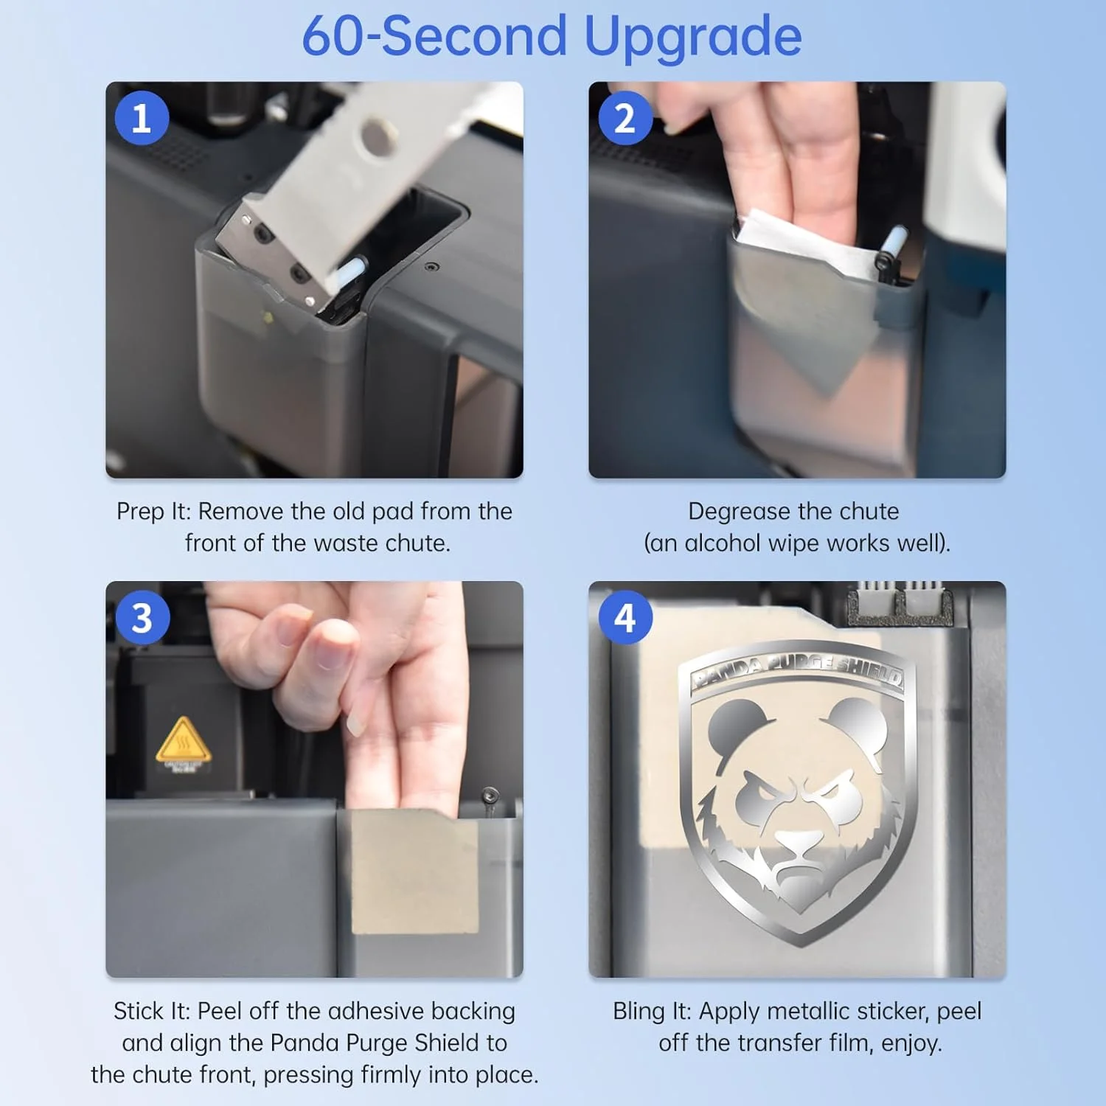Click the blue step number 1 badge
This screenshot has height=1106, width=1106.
142,118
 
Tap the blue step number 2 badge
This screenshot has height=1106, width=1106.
625,118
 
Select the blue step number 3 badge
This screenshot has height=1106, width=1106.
142,618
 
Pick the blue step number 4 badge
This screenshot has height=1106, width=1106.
625,618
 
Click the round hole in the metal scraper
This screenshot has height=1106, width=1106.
377,138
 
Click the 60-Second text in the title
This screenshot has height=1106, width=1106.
435,35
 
